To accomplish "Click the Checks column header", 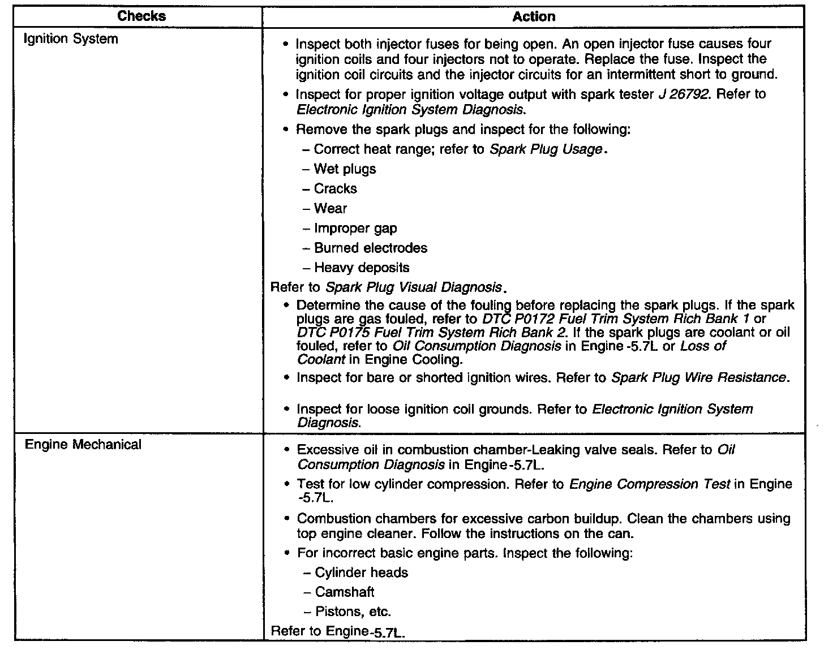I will [x=141, y=16].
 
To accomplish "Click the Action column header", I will [x=534, y=16].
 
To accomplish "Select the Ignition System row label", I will [x=71, y=39].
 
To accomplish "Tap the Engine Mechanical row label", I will [x=83, y=445].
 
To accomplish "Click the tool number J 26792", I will [x=683, y=94].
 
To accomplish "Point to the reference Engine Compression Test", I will [x=650, y=484].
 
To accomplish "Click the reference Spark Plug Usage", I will [x=546, y=149].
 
